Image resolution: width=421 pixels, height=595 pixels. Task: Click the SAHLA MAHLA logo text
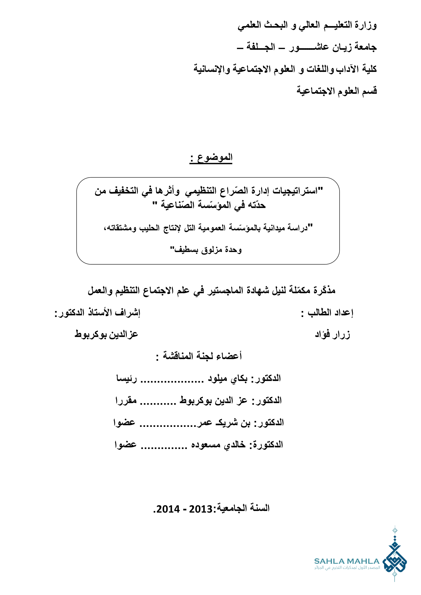click(347, 561)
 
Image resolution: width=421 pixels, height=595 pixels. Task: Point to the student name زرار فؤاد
click(333, 334)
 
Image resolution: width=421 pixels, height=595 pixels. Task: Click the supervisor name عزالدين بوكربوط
click(106, 334)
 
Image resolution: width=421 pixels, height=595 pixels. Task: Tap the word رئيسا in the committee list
click(127, 379)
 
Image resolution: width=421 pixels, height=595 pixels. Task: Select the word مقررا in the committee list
click(126, 401)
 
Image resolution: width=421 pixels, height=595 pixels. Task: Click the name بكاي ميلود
click(228, 379)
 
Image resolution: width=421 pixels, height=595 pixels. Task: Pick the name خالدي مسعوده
click(218, 445)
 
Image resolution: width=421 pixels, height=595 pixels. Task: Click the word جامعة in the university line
click(366, 47)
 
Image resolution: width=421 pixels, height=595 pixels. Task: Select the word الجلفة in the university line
click(261, 47)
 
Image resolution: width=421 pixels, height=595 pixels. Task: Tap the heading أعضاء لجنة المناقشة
click(202, 356)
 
